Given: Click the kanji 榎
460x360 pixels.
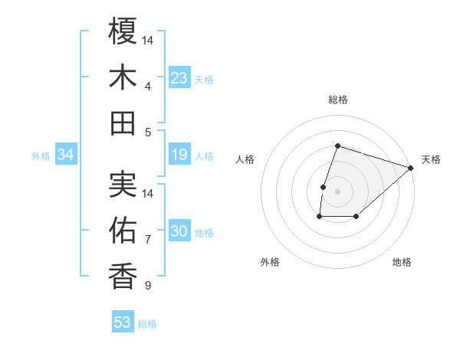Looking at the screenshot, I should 123,32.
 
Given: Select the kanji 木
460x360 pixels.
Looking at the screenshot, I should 123,78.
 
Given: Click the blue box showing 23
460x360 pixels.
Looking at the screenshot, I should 179,78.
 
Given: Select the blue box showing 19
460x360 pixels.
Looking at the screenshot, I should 179,155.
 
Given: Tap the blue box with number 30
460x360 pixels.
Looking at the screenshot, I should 179,232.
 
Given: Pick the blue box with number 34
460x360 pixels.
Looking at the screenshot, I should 65,155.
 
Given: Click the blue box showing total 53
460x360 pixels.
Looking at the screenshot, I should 122,322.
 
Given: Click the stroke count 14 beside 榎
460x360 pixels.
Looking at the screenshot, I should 148,39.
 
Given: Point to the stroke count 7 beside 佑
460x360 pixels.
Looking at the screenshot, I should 147,241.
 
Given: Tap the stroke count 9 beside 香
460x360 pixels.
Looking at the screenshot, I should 147,286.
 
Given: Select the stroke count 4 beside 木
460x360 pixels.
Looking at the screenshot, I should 147,86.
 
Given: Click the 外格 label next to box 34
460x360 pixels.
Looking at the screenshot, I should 41,156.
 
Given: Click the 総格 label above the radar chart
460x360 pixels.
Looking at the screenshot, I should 337,100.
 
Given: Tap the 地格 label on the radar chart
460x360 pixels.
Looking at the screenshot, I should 402,262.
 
